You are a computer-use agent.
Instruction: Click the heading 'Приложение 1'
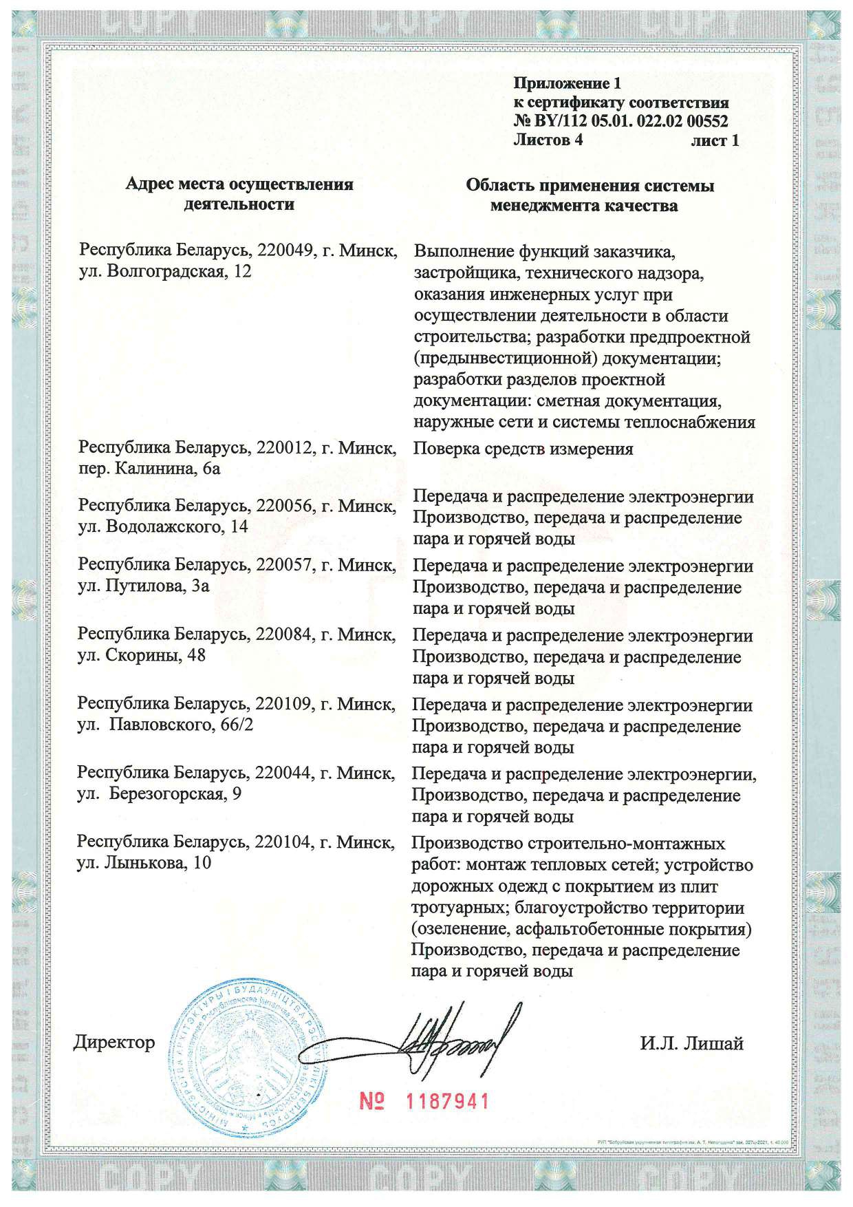pyautogui.click(x=567, y=85)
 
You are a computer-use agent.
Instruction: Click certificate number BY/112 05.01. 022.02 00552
pyautogui.click(x=627, y=122)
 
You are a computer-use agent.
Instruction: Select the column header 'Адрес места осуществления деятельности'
pyautogui.click(x=239, y=195)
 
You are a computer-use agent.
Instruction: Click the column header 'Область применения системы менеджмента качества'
pyautogui.click(x=590, y=195)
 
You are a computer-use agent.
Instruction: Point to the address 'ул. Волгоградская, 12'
pyautogui.click(x=165, y=271)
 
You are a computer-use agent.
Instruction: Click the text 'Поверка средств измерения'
pyautogui.click(x=523, y=449)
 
